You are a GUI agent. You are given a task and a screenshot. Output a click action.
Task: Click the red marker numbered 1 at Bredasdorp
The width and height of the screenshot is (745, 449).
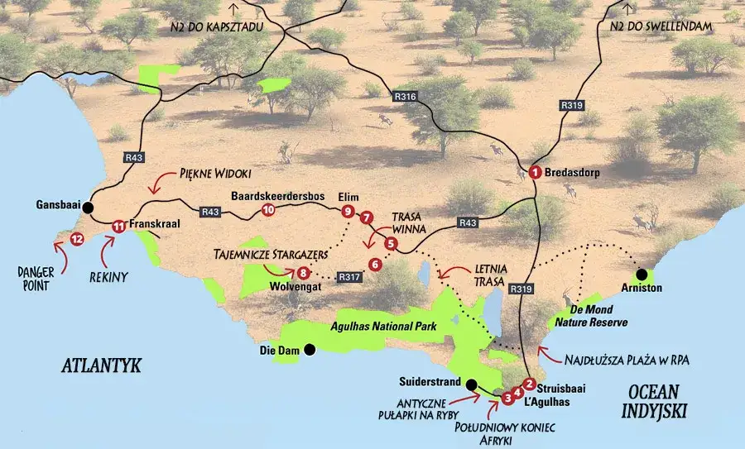click(535, 172)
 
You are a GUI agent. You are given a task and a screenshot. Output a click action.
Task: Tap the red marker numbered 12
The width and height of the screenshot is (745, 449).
click(77, 239)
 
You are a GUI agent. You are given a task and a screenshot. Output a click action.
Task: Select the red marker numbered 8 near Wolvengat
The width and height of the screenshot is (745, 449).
click(304, 272)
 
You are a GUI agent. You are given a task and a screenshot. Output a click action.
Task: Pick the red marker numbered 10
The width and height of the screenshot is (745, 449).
click(267, 211)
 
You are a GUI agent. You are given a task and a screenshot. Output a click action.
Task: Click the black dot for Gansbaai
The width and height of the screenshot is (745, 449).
click(88, 208)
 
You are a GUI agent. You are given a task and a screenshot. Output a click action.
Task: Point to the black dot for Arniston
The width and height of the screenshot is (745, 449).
click(641, 274)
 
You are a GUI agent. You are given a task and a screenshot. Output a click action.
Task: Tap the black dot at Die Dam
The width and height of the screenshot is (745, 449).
click(310, 349)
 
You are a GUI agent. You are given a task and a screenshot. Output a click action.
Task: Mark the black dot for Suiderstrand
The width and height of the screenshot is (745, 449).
click(470, 385)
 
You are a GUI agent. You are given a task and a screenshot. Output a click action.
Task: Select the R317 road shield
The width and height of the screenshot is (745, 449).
click(349, 278)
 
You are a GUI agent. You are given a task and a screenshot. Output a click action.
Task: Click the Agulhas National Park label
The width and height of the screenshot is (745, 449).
click(382, 327)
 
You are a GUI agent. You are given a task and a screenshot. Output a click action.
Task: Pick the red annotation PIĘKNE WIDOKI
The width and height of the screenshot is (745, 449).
click(216, 175)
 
